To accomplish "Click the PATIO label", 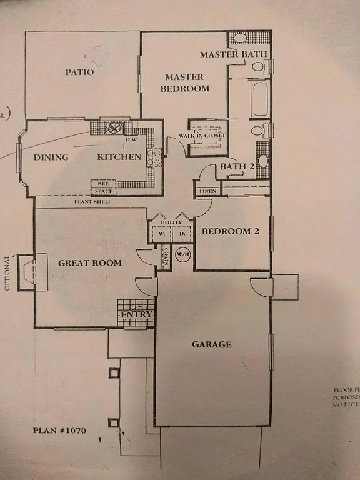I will pyautogui.click(x=80, y=72).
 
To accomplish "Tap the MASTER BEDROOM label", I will pyautogui.click(x=184, y=82).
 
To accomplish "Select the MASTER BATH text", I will pyautogui.click(x=233, y=55).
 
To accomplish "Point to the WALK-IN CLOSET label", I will pyautogui.click(x=202, y=136).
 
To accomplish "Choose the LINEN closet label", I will pyautogui.click(x=206, y=191).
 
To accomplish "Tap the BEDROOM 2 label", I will pyautogui.click(x=230, y=232).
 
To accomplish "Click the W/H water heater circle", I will pyautogui.click(x=182, y=255).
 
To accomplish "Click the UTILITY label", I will pyautogui.click(x=170, y=222).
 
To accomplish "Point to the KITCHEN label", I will pyautogui.click(x=119, y=157).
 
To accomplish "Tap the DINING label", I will pyautogui.click(x=51, y=157).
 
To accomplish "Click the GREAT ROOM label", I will pyautogui.click(x=89, y=262).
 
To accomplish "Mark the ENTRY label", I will pyautogui.click(x=136, y=314).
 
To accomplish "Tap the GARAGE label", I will pyautogui.click(x=211, y=344).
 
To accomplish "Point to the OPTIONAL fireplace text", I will pyautogui.click(x=8, y=273).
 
